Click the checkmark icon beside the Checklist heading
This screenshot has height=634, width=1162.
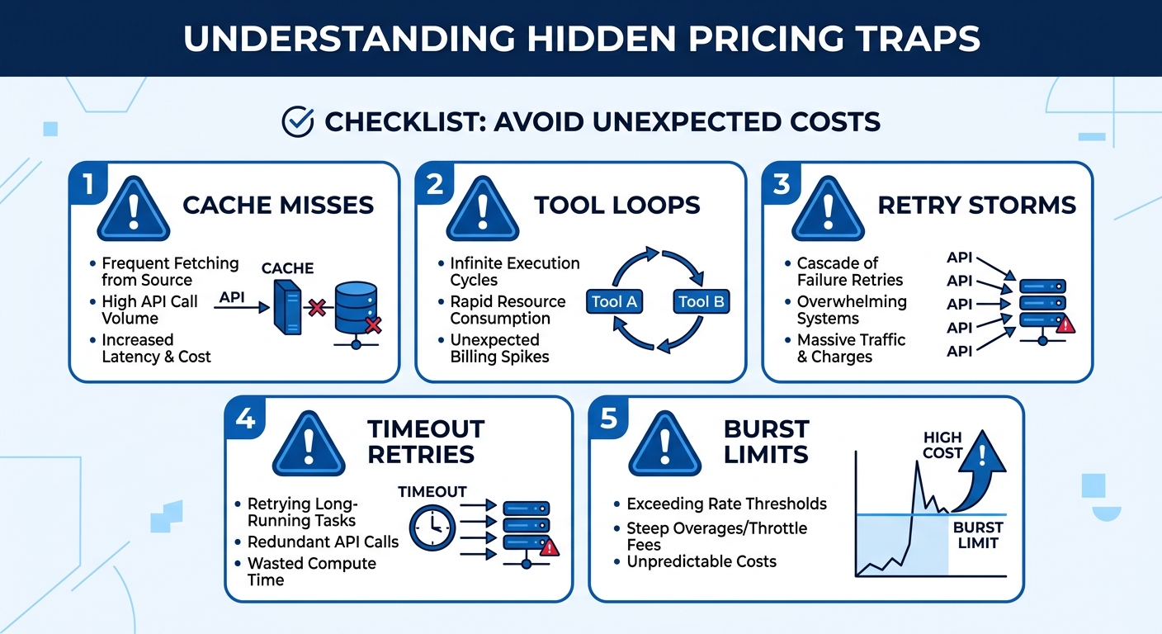point(297,122)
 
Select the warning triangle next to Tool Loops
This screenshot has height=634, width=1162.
point(482,211)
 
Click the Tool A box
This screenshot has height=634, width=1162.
point(614,301)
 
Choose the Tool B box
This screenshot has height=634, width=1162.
point(701,301)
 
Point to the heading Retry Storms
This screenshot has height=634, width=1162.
point(976,205)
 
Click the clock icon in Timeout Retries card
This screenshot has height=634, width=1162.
point(432,527)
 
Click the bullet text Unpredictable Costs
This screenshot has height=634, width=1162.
point(701,561)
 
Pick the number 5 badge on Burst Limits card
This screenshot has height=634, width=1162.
point(608,419)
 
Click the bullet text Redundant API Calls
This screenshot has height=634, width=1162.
point(323,542)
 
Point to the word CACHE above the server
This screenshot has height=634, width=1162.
point(287,268)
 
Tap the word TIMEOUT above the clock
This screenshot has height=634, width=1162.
point(432,491)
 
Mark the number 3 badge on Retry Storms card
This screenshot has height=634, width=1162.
point(782,183)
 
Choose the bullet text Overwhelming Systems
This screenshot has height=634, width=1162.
point(852,310)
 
